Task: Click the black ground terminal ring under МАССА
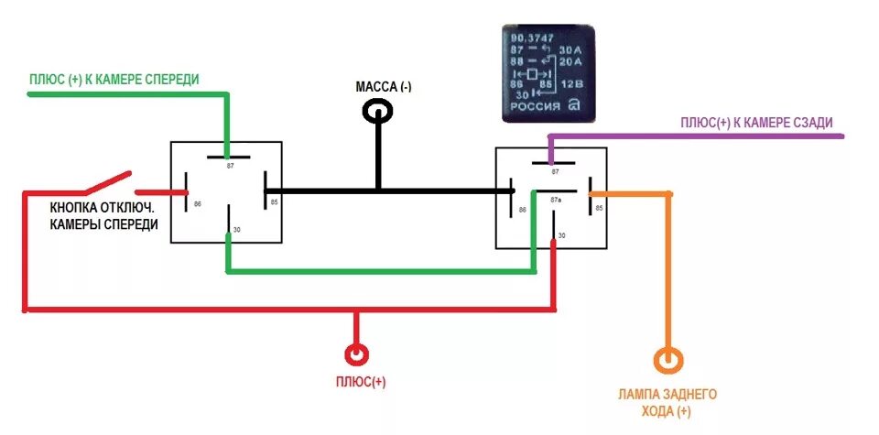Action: [378, 112]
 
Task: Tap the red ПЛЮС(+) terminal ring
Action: [356, 354]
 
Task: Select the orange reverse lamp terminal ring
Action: [667, 358]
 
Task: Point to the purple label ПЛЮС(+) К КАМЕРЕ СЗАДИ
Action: [756, 122]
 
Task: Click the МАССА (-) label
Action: [384, 87]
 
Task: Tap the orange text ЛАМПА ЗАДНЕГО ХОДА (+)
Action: [667, 403]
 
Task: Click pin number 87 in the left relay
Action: [230, 165]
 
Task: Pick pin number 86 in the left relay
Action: [198, 203]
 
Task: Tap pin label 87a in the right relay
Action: [555, 199]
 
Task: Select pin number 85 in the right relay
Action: [599, 209]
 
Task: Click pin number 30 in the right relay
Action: [561, 235]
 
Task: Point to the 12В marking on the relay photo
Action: [571, 83]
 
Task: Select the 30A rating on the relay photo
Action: [570, 49]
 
